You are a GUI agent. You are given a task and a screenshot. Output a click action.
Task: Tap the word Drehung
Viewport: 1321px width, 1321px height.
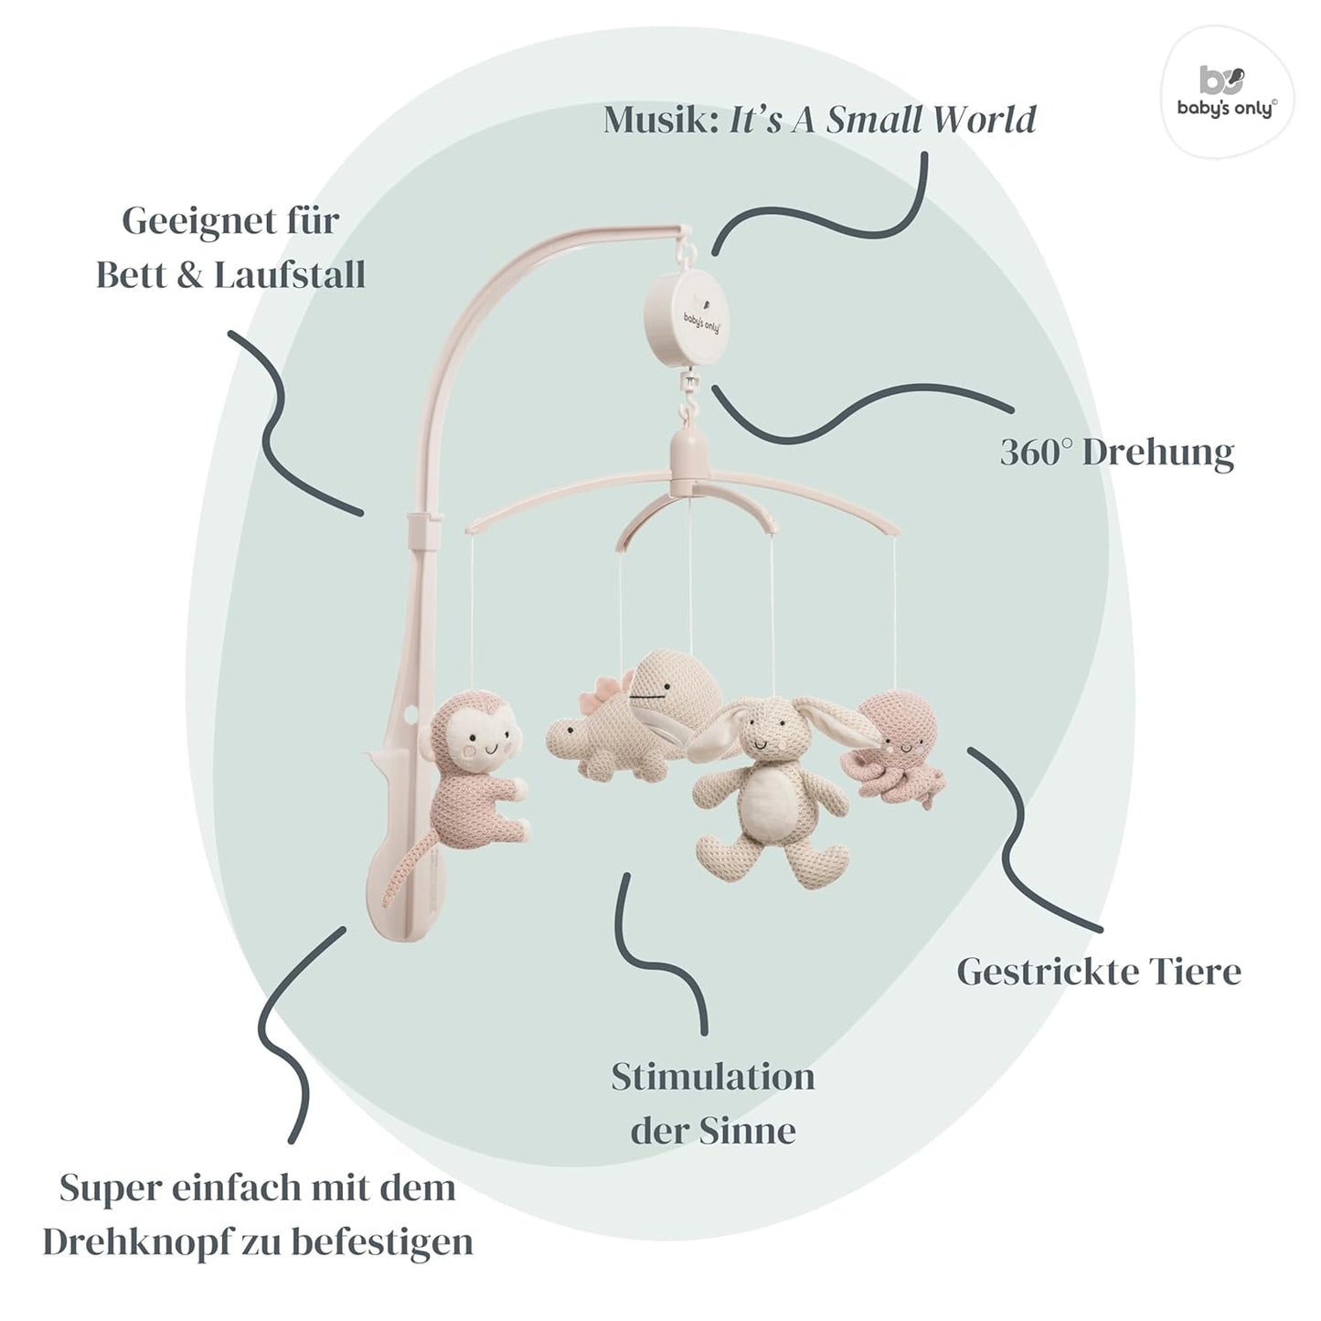point(1158,453)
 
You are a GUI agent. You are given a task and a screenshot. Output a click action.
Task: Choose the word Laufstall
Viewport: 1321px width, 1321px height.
point(290,275)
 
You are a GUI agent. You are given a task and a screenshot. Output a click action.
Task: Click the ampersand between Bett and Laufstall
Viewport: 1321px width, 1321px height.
point(190,275)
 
